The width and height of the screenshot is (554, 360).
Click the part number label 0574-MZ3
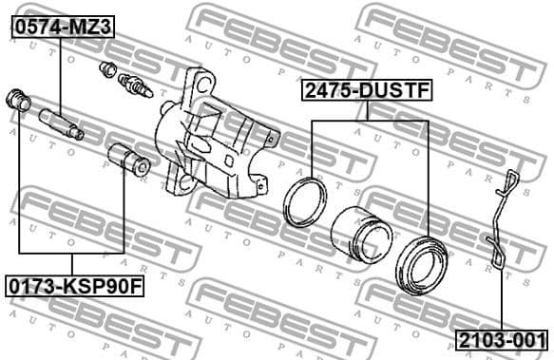[x=62, y=28]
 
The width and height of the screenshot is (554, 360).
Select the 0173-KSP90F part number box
[x=72, y=284]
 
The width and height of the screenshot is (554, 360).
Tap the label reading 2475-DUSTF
[x=366, y=90]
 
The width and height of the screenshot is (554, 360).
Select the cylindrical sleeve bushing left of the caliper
[x=127, y=160]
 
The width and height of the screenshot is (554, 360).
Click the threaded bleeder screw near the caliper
[x=137, y=85]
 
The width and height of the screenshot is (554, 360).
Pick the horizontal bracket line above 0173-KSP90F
[x=72, y=253]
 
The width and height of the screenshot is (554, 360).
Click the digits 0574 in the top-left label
[x=38, y=28]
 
